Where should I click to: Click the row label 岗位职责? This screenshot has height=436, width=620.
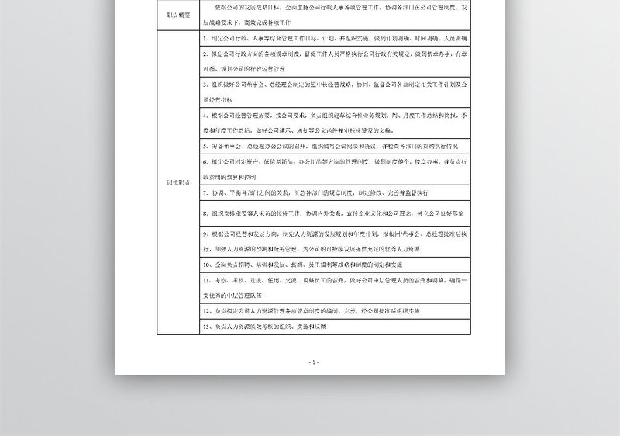177,182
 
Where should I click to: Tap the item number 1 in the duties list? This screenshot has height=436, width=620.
203,37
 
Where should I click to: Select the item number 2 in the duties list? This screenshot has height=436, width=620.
203,55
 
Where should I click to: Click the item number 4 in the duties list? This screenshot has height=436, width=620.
203,114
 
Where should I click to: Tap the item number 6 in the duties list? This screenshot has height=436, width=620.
203,162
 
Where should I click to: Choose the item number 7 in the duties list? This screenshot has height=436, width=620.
203,192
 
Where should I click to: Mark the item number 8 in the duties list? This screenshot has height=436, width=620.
203,213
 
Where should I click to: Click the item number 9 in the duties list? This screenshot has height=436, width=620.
203,233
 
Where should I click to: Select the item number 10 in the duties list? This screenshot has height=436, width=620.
205,265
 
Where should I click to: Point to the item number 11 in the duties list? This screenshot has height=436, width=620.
205,280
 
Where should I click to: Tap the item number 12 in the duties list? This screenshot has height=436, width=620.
205,310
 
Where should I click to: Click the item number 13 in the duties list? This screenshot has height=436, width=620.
205,327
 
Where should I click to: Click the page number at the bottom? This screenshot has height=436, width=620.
313,362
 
